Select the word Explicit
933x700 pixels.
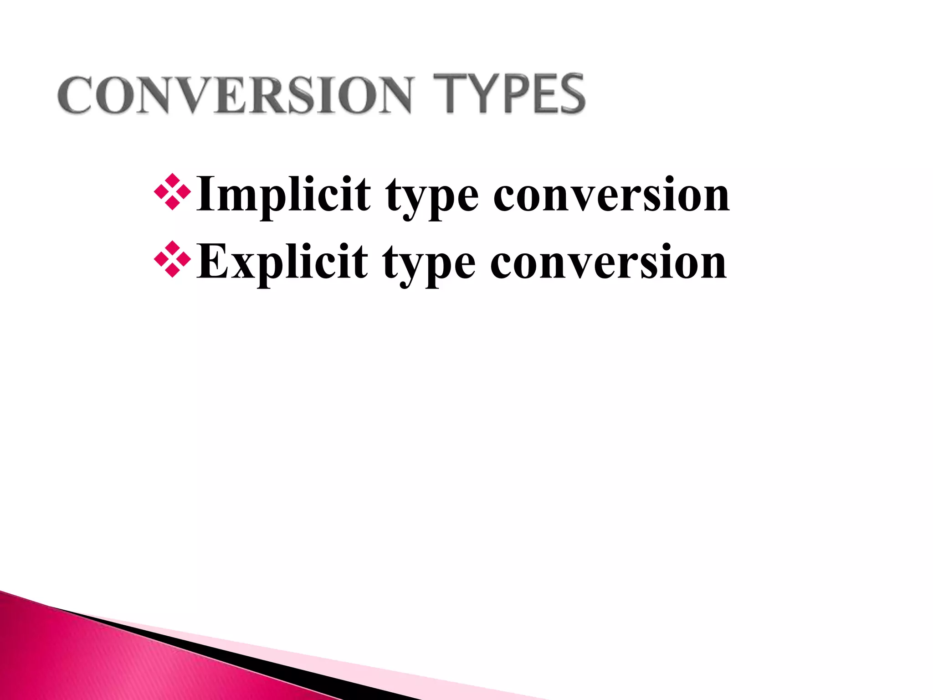282,262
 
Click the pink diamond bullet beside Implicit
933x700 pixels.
172,192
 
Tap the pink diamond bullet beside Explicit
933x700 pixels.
172,259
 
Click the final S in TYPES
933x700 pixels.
569,94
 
